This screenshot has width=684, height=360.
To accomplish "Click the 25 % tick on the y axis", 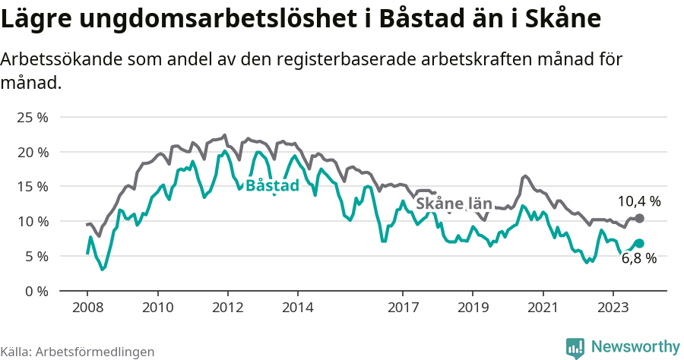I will click(x=32, y=118).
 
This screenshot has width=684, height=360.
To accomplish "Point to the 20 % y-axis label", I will click(x=32, y=152).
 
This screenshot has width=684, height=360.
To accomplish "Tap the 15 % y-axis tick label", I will click(x=32, y=187).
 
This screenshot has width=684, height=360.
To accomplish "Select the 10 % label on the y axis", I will click(x=32, y=222).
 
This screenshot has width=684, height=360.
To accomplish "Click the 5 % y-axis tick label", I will click(x=35, y=257).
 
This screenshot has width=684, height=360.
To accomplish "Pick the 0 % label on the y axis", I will click(x=35, y=291).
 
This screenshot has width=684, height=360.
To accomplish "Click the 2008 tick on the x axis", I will click(x=87, y=308).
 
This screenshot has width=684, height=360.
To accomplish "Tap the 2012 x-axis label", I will click(x=227, y=308).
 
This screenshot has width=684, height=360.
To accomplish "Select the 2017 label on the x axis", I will click(x=403, y=308).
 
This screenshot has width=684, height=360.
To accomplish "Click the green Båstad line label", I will click(x=273, y=185).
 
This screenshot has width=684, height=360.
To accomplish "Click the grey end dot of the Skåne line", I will click(x=640, y=219).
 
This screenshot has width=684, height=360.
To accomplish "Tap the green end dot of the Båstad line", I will click(x=639, y=243).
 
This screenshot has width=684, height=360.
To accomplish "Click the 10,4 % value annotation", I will click(x=638, y=201).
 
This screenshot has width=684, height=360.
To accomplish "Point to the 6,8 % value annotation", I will click(x=638, y=258).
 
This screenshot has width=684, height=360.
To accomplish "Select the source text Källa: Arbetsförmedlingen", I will click(x=78, y=352).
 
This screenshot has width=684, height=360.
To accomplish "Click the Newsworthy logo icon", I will click(x=575, y=347).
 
